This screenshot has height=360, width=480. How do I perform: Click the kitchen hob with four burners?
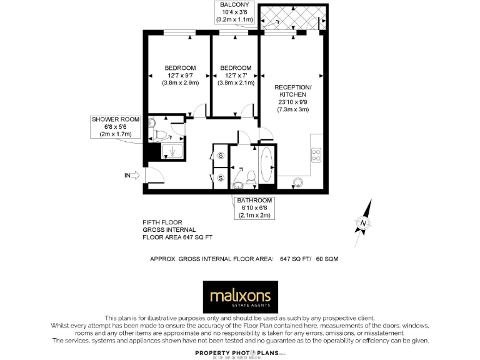[x=316, y=154]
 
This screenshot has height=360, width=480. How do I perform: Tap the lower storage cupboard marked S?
[x=221, y=179]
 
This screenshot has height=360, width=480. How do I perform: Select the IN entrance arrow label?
[x=132, y=176]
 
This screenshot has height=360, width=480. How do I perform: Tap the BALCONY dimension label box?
[x=235, y=12]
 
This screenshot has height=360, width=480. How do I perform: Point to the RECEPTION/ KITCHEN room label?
[x=293, y=97]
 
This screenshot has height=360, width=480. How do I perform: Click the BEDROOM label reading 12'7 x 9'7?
[x=180, y=75]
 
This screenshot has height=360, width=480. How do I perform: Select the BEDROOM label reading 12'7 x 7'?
[x=236, y=75]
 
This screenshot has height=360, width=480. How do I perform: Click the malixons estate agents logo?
[x=239, y=297]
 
